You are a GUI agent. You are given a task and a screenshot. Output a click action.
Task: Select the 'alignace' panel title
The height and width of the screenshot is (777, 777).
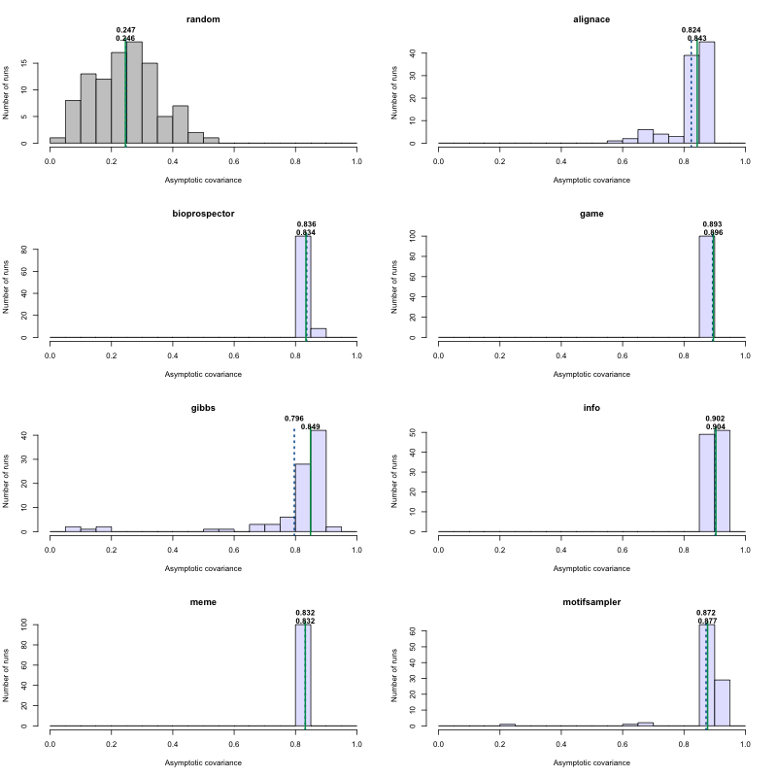tap(591, 18)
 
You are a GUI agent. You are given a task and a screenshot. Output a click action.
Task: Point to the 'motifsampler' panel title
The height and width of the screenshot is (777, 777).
tap(591, 602)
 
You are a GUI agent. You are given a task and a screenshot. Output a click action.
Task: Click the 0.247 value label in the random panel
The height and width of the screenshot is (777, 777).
tap(125, 30)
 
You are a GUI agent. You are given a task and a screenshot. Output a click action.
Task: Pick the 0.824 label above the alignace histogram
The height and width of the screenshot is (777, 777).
tap(692, 30)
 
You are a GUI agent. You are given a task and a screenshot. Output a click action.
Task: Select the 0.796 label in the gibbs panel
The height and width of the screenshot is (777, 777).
tap(294, 419)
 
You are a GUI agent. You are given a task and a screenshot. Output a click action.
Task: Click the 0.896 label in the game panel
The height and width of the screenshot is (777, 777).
tap(714, 233)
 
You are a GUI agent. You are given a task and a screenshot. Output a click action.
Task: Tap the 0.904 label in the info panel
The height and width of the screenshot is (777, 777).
tap(715, 427)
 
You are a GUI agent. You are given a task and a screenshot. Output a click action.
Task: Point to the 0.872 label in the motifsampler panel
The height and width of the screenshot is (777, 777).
tap(706, 613)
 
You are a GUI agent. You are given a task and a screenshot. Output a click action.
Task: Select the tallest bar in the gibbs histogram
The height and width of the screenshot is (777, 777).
tap(318, 481)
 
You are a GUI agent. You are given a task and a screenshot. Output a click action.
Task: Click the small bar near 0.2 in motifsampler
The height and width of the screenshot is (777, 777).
tap(507, 725)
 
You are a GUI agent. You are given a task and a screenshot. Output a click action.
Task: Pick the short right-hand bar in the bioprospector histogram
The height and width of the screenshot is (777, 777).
tap(318, 333)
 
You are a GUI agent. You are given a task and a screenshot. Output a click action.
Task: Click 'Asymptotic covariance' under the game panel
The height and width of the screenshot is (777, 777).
tap(591, 374)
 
